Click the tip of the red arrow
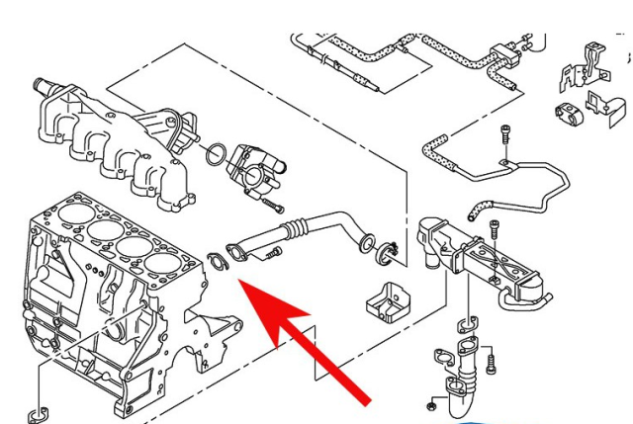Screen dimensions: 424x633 click(244, 285)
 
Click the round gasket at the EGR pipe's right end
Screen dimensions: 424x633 click(367, 241)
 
